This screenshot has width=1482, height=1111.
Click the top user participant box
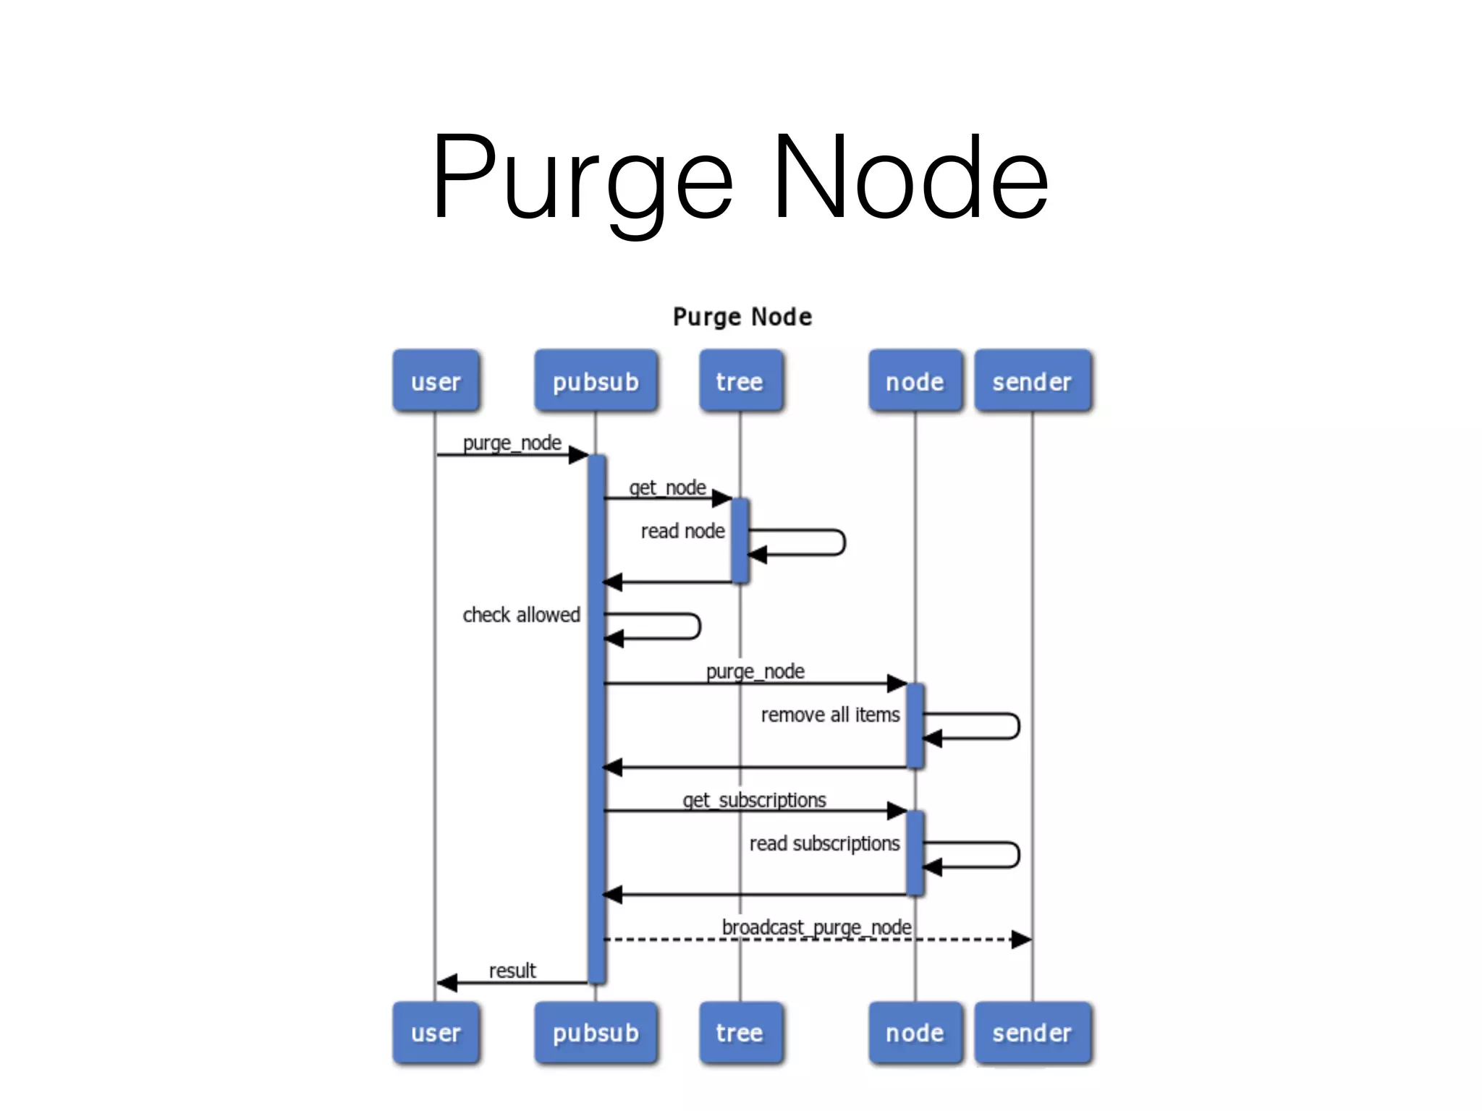coord(436,381)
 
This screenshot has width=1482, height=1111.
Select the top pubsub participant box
coord(596,381)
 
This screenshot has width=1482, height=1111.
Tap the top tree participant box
coord(740,381)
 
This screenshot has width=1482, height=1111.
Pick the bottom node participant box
coord(915,1032)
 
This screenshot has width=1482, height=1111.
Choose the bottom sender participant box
coord(1032,1032)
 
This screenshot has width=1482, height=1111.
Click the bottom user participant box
coord(436,1032)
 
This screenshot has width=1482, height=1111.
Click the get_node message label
coord(667,488)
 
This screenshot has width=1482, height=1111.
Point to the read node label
coord(682,531)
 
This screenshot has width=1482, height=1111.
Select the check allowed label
coord(521,615)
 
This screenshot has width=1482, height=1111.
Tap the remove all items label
coord(830,715)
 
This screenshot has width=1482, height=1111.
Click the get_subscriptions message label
coord(754,800)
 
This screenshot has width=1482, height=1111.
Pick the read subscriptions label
coord(824,843)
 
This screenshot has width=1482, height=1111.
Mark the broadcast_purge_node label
coord(816,927)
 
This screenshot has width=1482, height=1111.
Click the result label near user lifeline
coord(512,971)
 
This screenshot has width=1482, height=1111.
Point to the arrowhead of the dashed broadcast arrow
coord(1022,940)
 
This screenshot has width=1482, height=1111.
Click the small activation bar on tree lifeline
coord(740,540)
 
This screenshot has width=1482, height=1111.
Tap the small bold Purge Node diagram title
coord(742,317)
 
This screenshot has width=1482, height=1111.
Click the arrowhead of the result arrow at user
coord(446,982)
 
